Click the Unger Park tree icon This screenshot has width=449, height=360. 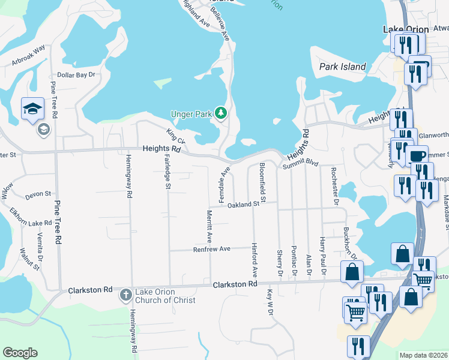221,112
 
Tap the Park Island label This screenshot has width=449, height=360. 342,67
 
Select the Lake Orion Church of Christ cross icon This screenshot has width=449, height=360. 125,294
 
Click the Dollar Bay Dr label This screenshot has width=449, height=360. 77,75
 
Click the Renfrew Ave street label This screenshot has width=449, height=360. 211,249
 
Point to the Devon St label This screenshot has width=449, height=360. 38,195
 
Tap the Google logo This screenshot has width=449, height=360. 20,353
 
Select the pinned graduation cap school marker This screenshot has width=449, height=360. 32,109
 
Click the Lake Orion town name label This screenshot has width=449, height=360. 406,29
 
